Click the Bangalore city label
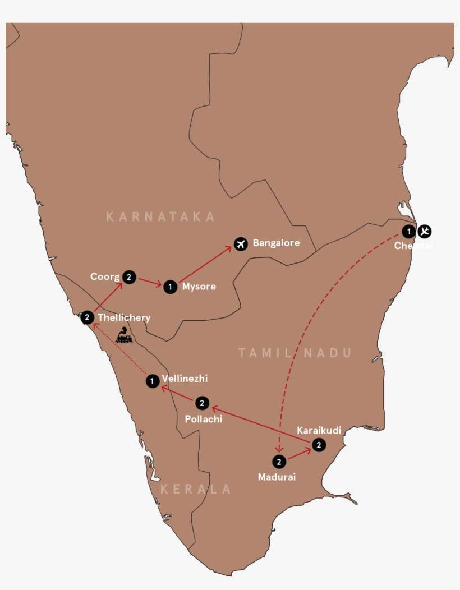pyautogui.click(x=276, y=243)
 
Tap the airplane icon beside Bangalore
pyautogui.click(x=241, y=245)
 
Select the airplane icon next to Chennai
pyautogui.click(x=425, y=231)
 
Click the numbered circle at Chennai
pyautogui.click(x=410, y=231)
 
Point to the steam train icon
pyautogui.click(x=124, y=337)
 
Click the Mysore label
pyautogui.click(x=199, y=287)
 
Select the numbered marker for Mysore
pyautogui.click(x=170, y=287)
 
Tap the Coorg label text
pyautogui.click(x=105, y=276)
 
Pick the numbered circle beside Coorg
pyautogui.click(x=129, y=277)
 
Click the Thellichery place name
pyautogui.click(x=124, y=317)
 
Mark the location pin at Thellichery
pyautogui.click(x=87, y=317)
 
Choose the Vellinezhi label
pyautogui.click(x=184, y=379)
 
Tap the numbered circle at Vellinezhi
pyautogui.click(x=151, y=381)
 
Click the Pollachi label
pyautogui.click(x=203, y=419)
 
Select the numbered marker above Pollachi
pyautogui.click(x=203, y=403)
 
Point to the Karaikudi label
pyautogui.click(x=319, y=431)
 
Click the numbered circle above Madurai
pyautogui.click(x=279, y=462)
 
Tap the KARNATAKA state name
pyautogui.click(x=160, y=217)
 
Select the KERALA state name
pyautogui.click(x=196, y=489)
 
